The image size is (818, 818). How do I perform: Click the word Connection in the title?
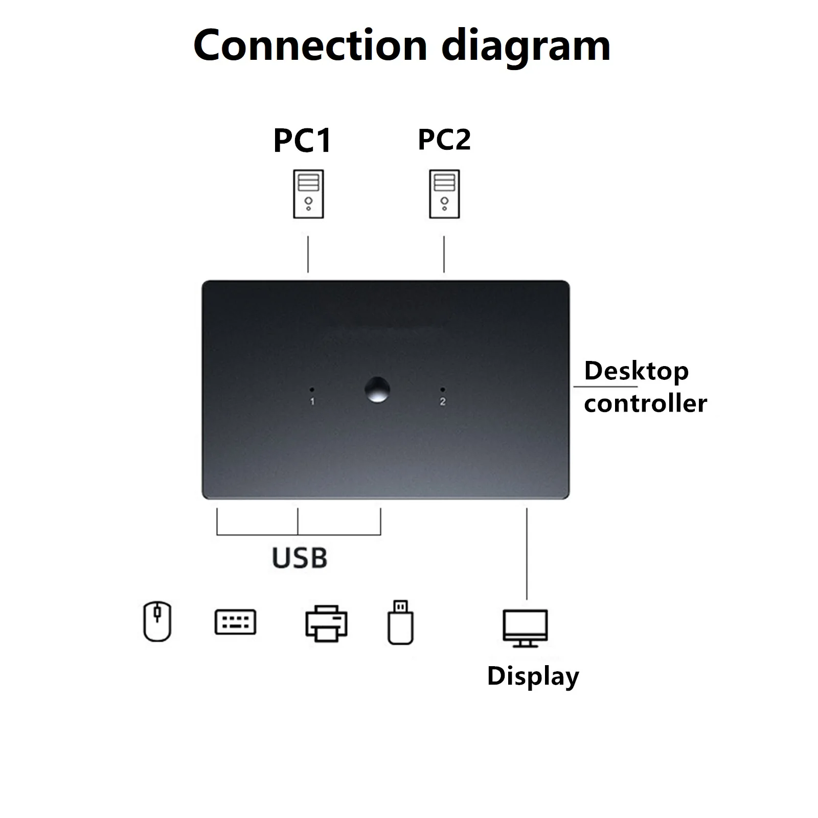310,46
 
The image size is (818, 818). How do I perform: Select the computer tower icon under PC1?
308,194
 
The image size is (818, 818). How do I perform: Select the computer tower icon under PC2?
444,194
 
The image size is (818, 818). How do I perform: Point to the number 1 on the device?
312,402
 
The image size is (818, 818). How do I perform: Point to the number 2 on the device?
443,402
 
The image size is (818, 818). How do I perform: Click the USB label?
300,558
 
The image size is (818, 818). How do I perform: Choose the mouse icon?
157,621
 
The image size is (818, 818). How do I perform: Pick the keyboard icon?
235,622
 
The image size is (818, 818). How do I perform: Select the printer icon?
326,623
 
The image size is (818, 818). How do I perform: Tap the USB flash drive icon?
400,622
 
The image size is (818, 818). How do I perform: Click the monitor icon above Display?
526,628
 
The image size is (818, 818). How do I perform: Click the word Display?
533,676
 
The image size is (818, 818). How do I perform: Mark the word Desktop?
636,371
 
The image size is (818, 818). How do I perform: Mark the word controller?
645,403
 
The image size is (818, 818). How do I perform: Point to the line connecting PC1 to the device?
308,254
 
